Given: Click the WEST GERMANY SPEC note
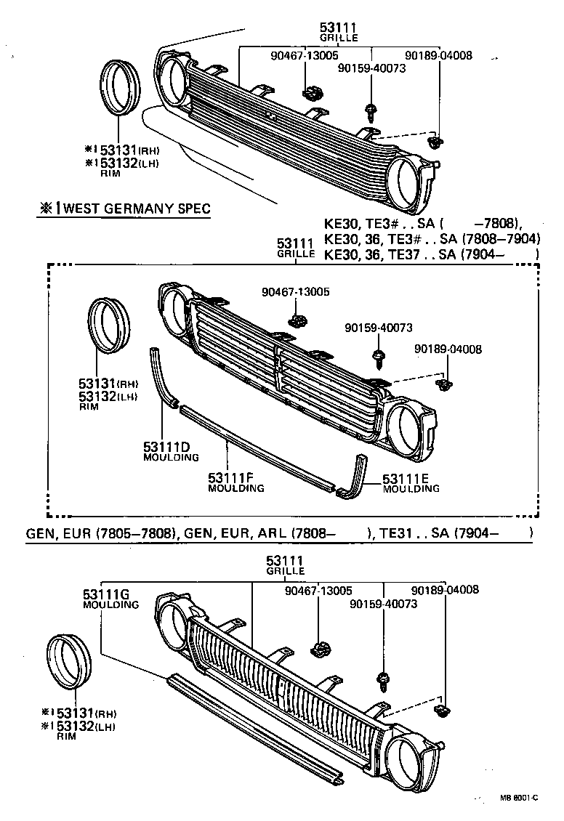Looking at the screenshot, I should pyautogui.click(x=125, y=209).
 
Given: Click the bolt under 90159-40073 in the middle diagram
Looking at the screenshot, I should pyautogui.click(x=379, y=357).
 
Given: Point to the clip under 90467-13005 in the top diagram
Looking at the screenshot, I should pyautogui.click(x=312, y=92).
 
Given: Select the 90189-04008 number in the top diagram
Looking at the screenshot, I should pyautogui.click(x=438, y=55).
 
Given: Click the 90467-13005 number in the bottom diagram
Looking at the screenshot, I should pyautogui.click(x=318, y=591).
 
